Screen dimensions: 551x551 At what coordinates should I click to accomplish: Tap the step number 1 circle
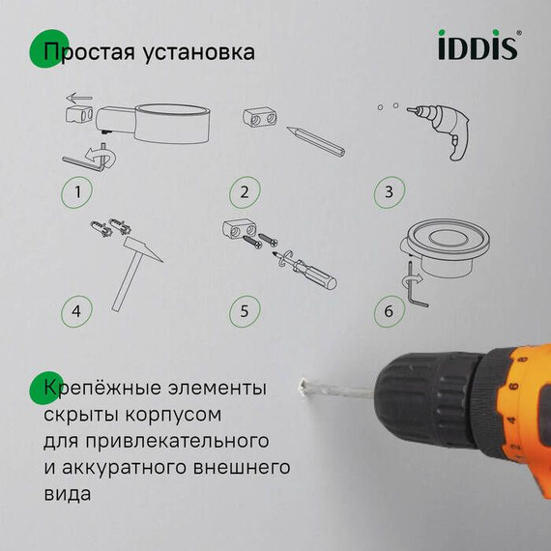[x=77, y=191]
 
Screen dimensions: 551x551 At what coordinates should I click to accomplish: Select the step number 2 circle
[x=245, y=191]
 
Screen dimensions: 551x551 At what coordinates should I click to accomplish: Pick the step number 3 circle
[x=389, y=191]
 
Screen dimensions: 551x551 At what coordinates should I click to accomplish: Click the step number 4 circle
[x=77, y=312]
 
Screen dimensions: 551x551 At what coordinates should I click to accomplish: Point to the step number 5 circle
[x=245, y=312]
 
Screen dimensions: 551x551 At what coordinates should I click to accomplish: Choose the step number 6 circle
[x=389, y=312]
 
